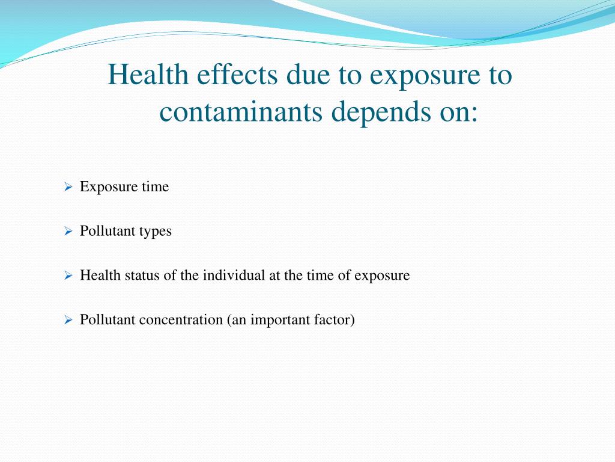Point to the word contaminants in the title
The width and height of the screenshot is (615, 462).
[x=241, y=111]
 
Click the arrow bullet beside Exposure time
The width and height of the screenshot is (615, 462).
[x=68, y=187]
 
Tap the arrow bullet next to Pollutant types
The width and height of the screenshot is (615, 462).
[x=68, y=232]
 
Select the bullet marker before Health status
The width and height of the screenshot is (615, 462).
[x=68, y=276]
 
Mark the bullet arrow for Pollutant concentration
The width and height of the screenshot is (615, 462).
[x=68, y=321]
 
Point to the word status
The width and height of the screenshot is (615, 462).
[x=140, y=276]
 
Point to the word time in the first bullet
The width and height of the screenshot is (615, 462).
[x=156, y=187]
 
